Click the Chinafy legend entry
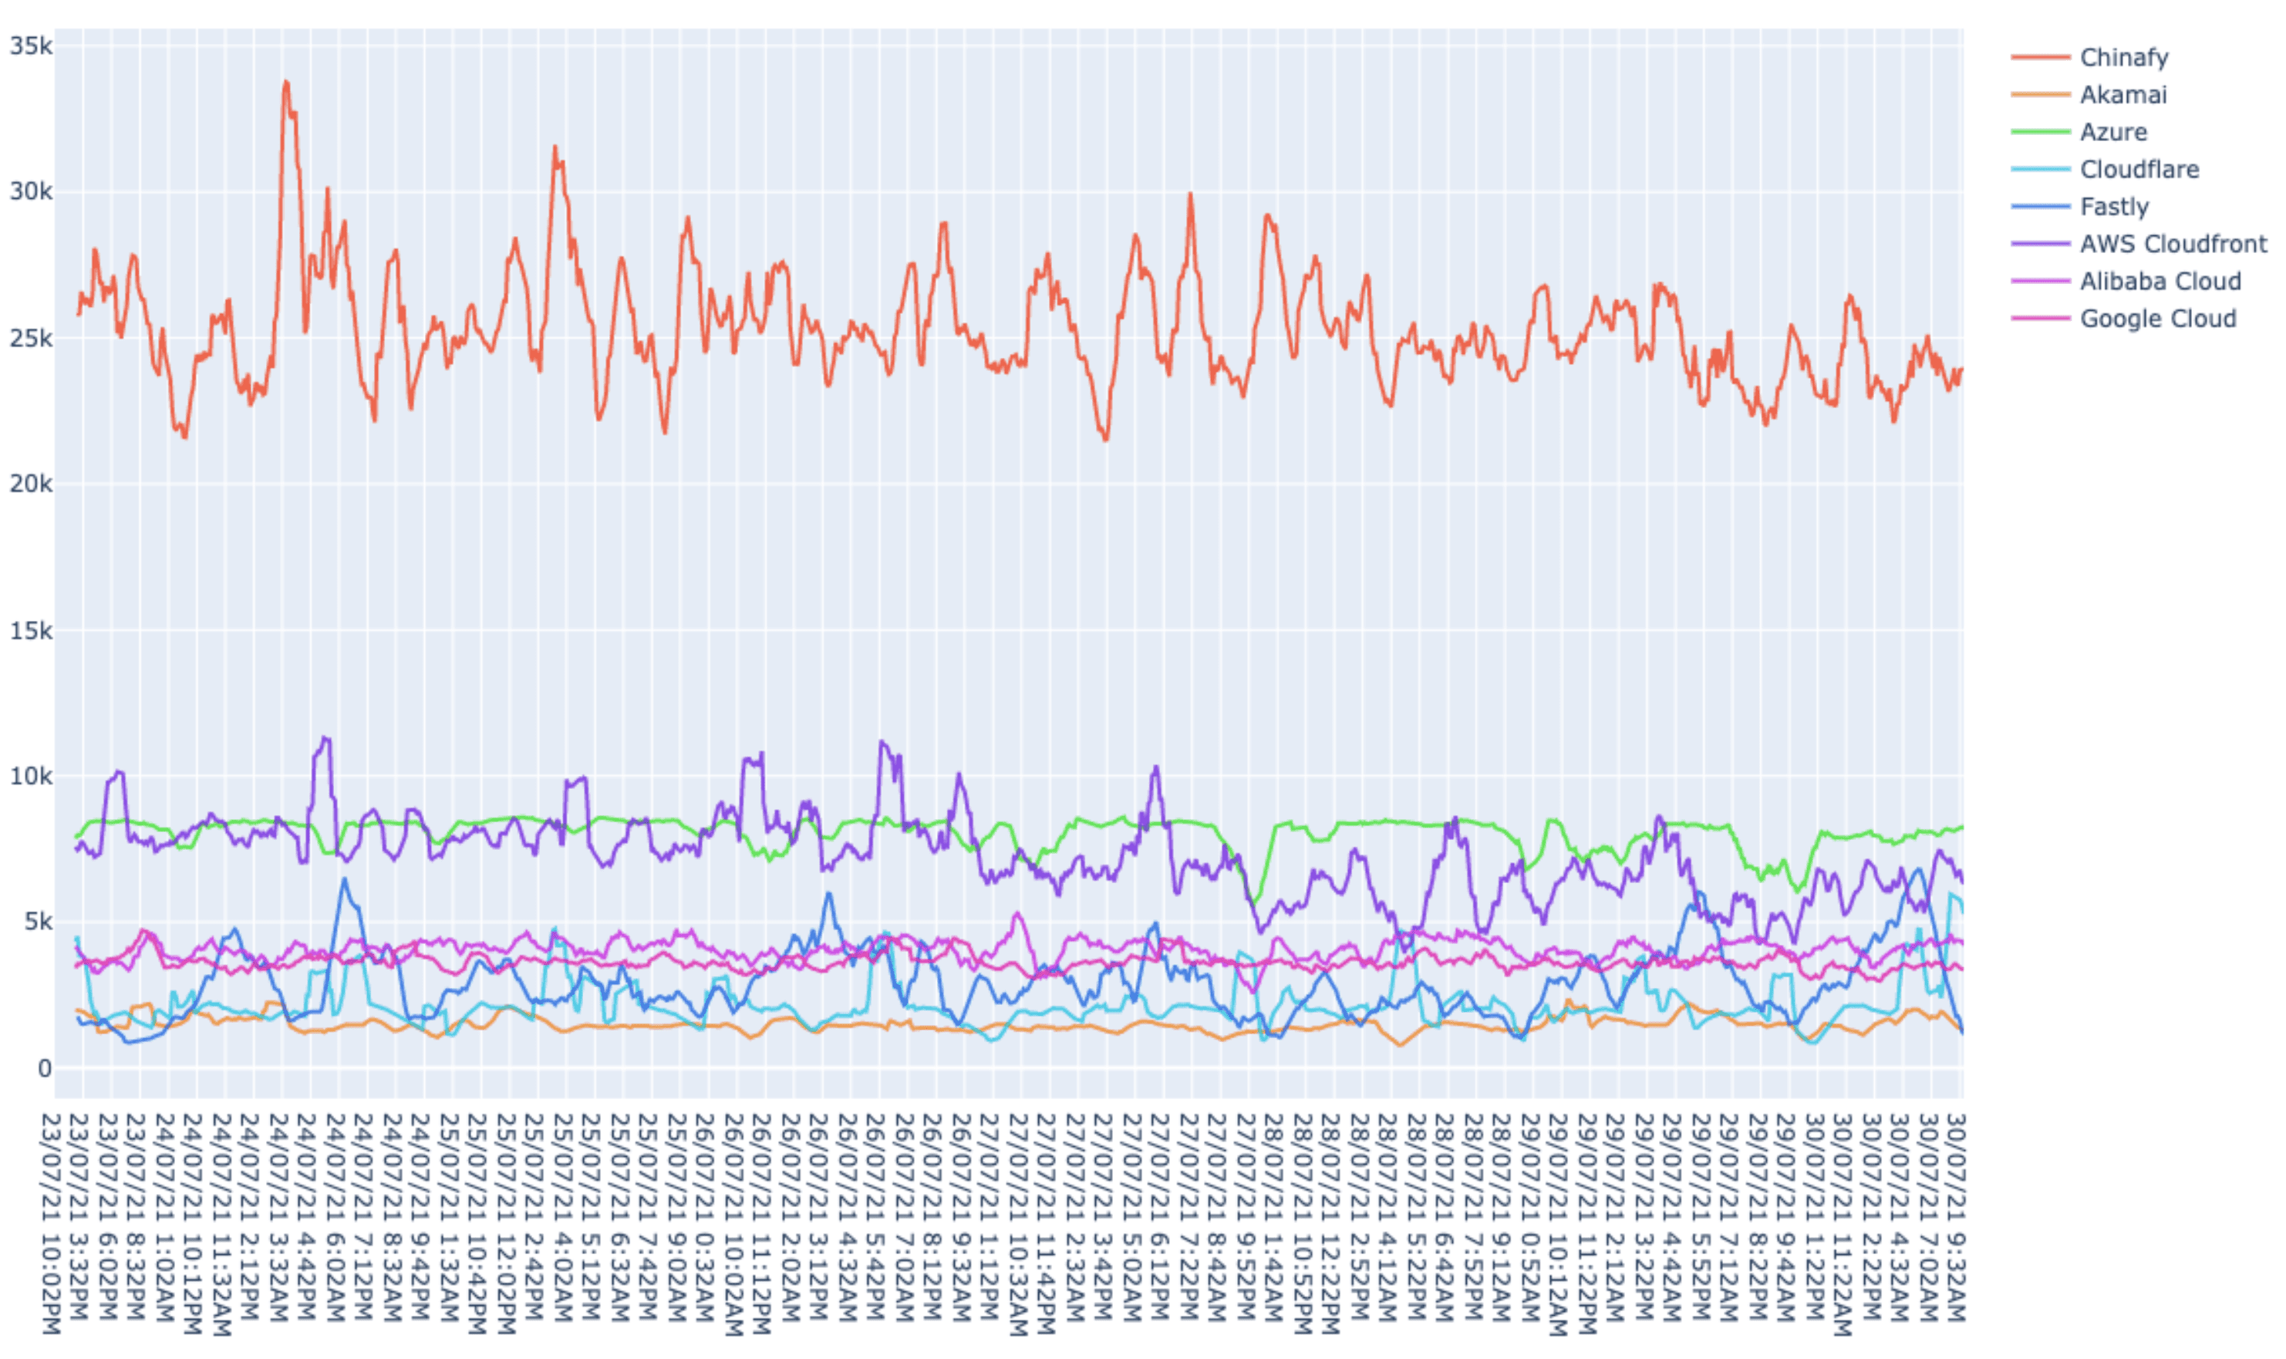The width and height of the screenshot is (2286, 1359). pyautogui.click(x=2123, y=58)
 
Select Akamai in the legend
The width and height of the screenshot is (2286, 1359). pyautogui.click(x=2122, y=95)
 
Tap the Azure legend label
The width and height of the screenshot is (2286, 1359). pyautogui.click(x=2112, y=133)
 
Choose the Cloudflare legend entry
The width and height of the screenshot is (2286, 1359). pyautogui.click(x=2139, y=170)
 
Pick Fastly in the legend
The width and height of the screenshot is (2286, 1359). pyautogui.click(x=2113, y=207)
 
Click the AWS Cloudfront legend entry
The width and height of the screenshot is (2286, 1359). pyautogui.click(x=2173, y=244)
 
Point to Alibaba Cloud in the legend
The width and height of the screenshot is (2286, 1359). pyautogui.click(x=2160, y=282)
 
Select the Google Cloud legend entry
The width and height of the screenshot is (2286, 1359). pyautogui.click(x=2157, y=319)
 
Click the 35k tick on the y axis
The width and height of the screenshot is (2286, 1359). pyautogui.click(x=31, y=46)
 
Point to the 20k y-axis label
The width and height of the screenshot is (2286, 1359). pyautogui.click(x=31, y=484)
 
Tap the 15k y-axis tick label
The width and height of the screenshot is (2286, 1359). pyautogui.click(x=31, y=631)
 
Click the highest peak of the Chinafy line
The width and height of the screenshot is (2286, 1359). pyautogui.click(x=285, y=83)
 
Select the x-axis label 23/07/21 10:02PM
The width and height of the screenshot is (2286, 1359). pyautogui.click(x=53, y=1222)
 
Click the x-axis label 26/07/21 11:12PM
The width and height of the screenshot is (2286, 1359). pyautogui.click(x=767, y=1222)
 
